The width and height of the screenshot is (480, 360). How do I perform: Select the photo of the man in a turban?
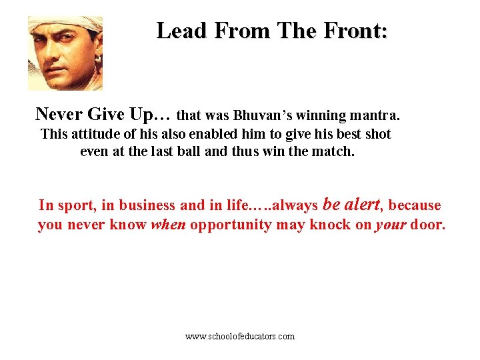coord(65,53)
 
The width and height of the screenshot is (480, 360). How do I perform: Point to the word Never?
coord(59,114)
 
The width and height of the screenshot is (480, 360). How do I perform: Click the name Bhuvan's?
coord(261,115)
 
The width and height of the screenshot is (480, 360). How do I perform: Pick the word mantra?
coord(377,115)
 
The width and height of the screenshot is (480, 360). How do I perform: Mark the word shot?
coord(378,134)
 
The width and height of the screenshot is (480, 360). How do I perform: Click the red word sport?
coord(75,205)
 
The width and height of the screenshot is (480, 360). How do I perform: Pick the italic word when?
coord(168,225)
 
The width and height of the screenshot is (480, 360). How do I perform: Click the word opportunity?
coord(231,225)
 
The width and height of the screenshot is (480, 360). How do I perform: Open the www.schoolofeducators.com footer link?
coord(240,337)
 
